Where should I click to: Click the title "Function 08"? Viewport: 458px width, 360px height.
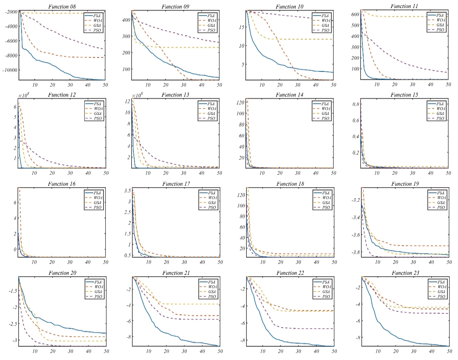tap(62, 7)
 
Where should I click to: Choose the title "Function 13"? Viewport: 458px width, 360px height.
tap(176, 95)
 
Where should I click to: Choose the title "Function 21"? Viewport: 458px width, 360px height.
tap(176, 273)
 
